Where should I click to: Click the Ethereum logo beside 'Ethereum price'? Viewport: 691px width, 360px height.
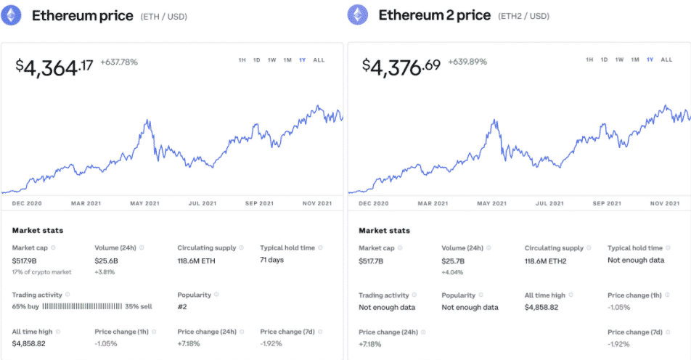pyautogui.click(x=12, y=15)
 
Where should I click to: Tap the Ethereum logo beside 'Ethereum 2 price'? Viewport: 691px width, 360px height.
pyautogui.click(x=358, y=15)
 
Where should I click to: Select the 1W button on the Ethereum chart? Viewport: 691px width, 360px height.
pyautogui.click(x=271, y=60)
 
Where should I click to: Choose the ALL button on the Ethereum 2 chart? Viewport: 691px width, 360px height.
pyautogui.click(x=666, y=60)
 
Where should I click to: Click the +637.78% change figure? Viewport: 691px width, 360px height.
pyautogui.click(x=119, y=62)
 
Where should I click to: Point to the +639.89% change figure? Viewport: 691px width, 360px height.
pyautogui.click(x=467, y=62)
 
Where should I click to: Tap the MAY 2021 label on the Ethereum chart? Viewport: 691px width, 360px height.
pyautogui.click(x=144, y=203)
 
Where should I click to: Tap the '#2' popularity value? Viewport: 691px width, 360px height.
pyautogui.click(x=183, y=307)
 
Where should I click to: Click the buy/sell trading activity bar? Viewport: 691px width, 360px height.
pyautogui.click(x=89, y=307)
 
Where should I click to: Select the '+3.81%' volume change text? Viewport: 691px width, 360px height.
pyautogui.click(x=106, y=272)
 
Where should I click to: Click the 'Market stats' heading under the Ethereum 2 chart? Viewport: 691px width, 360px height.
pyautogui.click(x=384, y=231)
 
